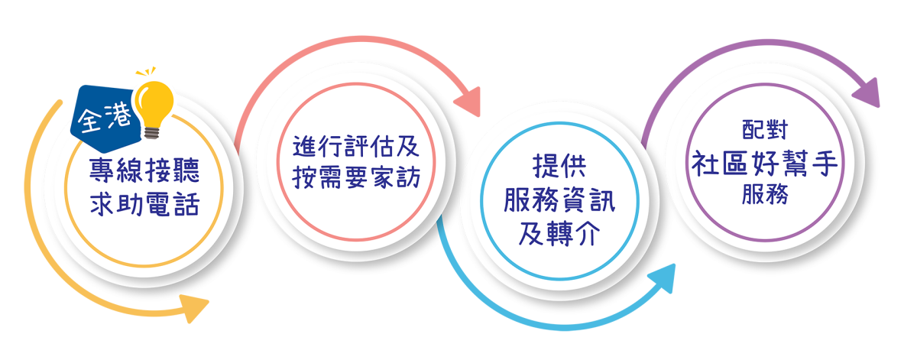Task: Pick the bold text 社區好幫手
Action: click(765, 162)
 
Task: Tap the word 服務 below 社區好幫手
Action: click(764, 195)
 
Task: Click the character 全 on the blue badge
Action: click(90, 122)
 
